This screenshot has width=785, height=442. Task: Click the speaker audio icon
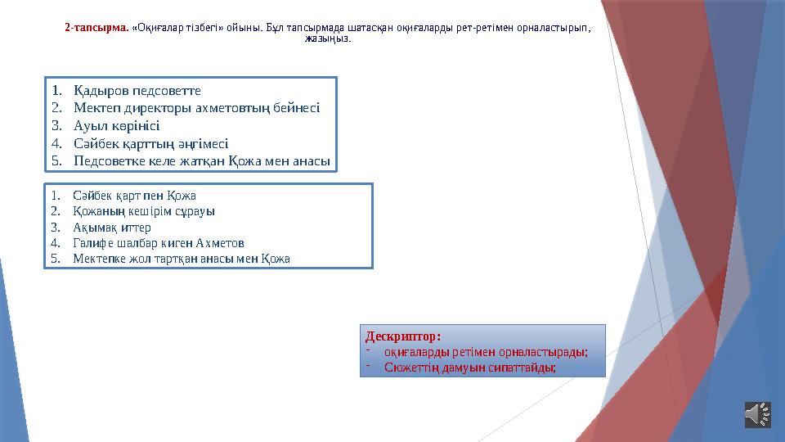pos(758,414)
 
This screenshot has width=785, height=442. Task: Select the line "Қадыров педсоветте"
pos(137,89)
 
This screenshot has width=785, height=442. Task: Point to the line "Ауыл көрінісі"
pos(116,125)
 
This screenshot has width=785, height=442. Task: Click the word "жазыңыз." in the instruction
pos(328,38)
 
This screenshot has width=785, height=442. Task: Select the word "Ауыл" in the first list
pos(87,125)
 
